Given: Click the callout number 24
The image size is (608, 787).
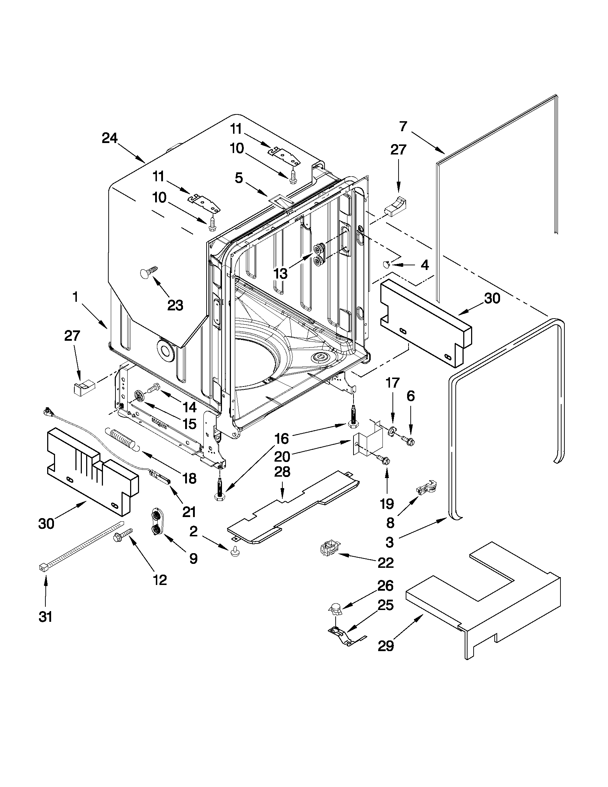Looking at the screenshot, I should [109, 138].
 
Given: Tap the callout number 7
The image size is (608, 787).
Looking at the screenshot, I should [403, 126].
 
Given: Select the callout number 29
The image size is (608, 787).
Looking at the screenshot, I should [386, 646].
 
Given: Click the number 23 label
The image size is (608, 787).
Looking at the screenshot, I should [175, 305].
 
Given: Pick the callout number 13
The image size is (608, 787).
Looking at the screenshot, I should [281, 274].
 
